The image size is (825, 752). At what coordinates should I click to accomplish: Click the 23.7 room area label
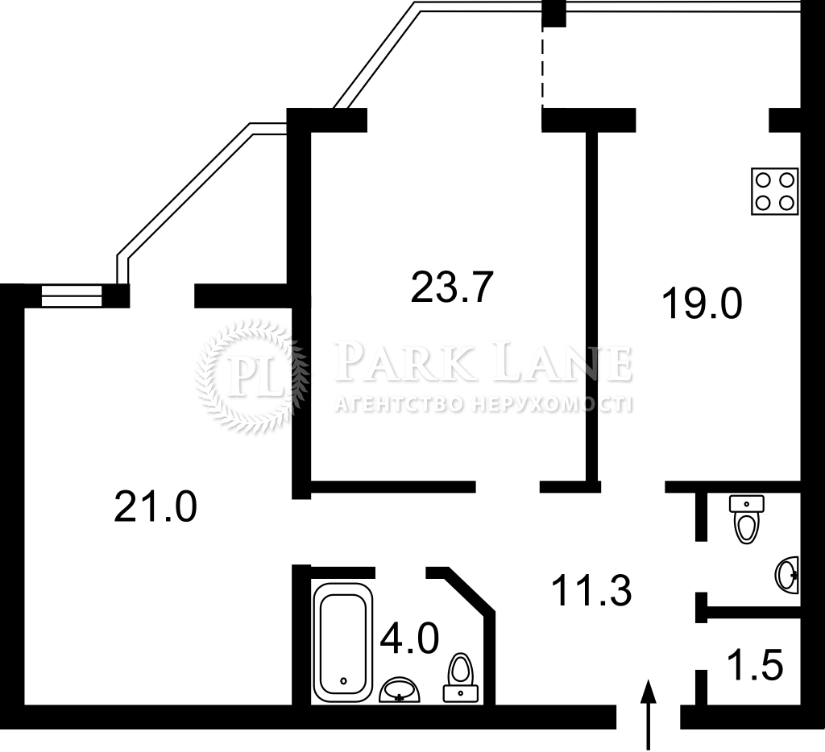click(x=452, y=287)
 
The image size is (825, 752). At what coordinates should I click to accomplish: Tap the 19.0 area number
click(x=702, y=304)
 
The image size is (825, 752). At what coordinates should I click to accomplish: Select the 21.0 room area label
click(x=155, y=506)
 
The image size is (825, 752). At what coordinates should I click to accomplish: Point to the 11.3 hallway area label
click(x=591, y=590)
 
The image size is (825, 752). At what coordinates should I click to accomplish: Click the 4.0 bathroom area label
click(x=409, y=637)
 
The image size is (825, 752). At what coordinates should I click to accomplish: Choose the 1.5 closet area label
click(x=756, y=664)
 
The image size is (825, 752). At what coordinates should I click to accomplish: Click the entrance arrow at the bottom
click(x=649, y=714)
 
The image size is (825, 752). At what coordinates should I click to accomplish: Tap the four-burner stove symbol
click(x=774, y=192)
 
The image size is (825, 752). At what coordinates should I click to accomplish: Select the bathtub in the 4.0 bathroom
click(x=343, y=643)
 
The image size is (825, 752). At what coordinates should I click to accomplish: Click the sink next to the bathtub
click(x=400, y=690)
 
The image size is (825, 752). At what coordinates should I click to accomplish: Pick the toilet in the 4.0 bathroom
click(x=461, y=677)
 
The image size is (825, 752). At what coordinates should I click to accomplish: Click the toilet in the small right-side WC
click(x=747, y=519)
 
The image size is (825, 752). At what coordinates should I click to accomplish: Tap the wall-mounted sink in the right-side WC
click(x=787, y=575)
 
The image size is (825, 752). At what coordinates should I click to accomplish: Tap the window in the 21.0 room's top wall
click(x=71, y=295)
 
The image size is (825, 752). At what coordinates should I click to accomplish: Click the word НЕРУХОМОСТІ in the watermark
click(x=552, y=404)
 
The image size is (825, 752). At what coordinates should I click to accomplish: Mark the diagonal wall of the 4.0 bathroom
click(x=469, y=590)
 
